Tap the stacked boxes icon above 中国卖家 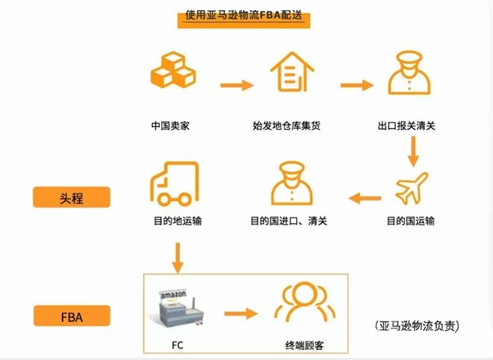(174, 72)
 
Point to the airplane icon (411, 187)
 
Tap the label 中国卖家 (170, 127)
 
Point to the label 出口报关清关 (411, 127)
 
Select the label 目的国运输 (411, 221)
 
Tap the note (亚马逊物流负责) (418, 326)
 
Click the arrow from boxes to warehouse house (236, 86)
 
